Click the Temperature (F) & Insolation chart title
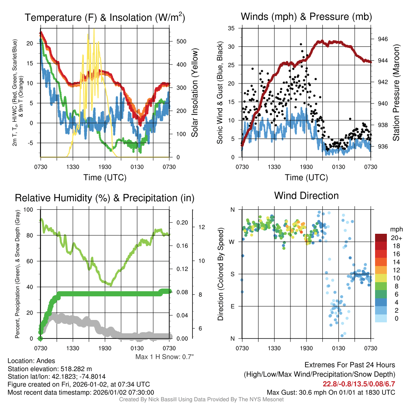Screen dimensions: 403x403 105,18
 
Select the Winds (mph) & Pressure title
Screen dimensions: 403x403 306,17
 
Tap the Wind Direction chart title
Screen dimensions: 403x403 306,196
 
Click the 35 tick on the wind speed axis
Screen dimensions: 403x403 231,28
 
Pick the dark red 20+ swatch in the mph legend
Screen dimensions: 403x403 381,238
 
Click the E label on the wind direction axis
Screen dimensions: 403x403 232,306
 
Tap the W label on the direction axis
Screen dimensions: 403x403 232,242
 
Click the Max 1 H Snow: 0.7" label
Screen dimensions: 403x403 164,357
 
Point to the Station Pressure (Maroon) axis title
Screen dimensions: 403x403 396,93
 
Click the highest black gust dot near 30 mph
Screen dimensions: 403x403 301,44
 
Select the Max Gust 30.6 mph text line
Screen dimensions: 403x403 331,392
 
